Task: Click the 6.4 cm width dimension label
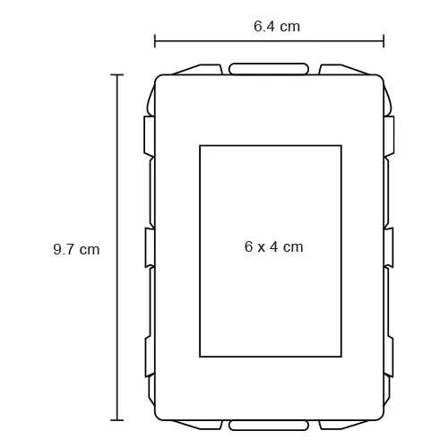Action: tap(277, 26)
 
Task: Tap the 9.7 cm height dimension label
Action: tap(76, 249)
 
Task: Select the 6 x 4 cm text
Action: tap(274, 247)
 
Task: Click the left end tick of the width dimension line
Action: tap(155, 41)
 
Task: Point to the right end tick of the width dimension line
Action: tap(383, 41)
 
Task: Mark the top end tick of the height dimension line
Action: tap(116, 74)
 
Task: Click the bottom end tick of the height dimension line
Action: tap(116, 420)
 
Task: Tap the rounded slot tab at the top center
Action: tap(269, 69)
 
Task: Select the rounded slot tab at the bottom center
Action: tap(269, 426)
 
